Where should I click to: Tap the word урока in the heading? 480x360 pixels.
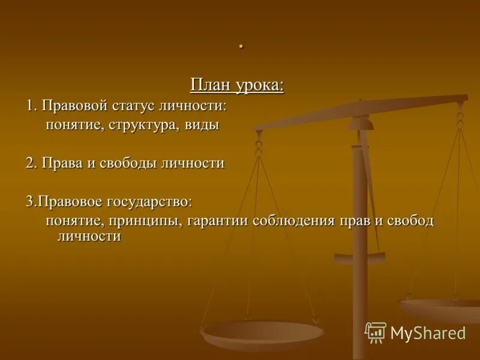(x=259, y=85)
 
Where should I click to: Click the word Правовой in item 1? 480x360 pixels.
(x=75, y=106)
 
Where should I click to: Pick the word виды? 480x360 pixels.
(x=202, y=125)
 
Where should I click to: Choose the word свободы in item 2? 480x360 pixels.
(x=126, y=163)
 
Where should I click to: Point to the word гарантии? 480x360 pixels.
(x=218, y=221)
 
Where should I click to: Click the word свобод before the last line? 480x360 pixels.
(x=410, y=221)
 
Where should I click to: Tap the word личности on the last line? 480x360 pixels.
(x=89, y=236)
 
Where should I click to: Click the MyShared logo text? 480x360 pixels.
(x=428, y=333)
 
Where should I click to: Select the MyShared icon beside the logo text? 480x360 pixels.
(x=376, y=332)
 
